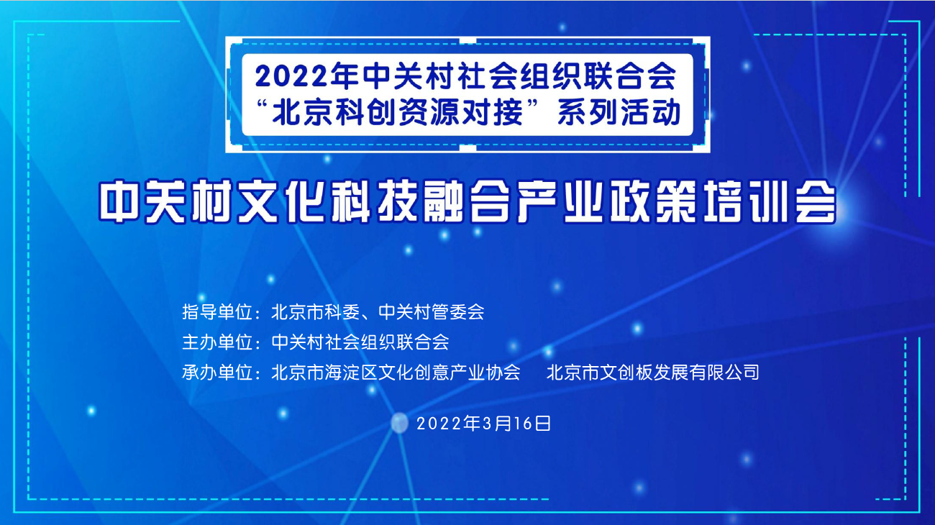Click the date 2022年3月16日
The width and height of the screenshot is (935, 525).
[x=484, y=424]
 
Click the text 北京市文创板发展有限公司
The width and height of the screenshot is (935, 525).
[x=653, y=373]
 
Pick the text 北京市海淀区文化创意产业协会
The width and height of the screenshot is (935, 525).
[x=396, y=373]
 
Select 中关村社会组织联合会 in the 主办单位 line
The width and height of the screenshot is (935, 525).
[x=360, y=342]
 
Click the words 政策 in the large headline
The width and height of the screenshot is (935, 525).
[x=653, y=201]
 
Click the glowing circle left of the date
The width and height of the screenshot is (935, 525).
[x=399, y=423]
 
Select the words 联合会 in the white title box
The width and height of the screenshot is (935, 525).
[x=629, y=77]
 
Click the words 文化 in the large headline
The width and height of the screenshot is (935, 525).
[x=280, y=201]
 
